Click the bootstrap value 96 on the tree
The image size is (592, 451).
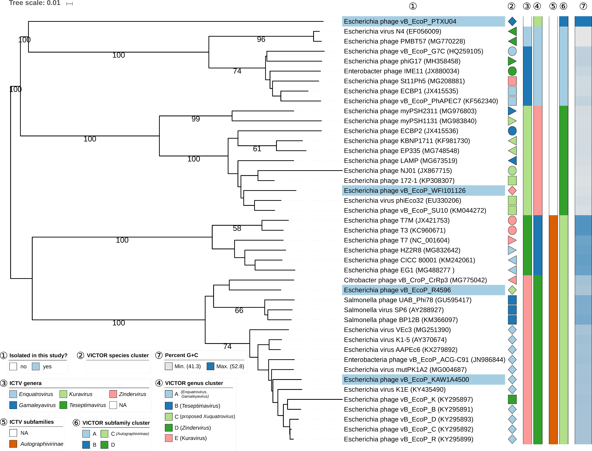click(261, 39)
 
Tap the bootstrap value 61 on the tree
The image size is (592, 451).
click(257, 149)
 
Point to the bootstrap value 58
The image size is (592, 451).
click(237, 228)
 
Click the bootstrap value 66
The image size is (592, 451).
click(239, 311)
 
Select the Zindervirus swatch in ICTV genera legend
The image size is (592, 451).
click(113, 394)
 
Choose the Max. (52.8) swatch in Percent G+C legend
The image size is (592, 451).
click(210, 366)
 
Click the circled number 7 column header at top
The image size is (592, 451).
click(583, 6)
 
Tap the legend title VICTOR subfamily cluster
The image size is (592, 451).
click(116, 423)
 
